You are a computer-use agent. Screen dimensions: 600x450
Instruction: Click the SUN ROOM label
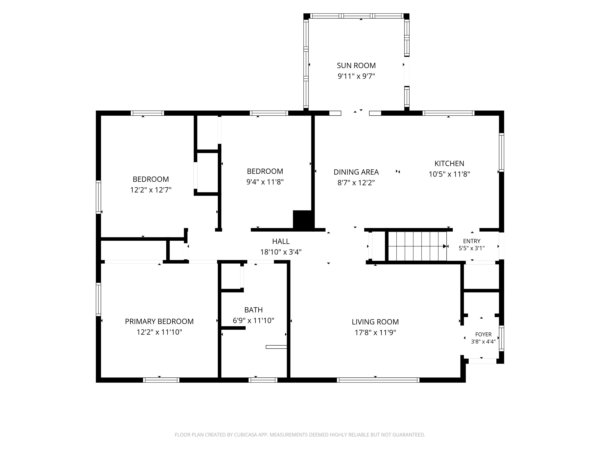tap(356, 66)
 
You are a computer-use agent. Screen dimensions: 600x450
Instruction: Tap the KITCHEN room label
tap(449, 164)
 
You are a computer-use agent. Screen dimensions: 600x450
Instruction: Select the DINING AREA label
tap(356, 172)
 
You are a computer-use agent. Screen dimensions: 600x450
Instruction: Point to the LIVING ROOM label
tap(375, 322)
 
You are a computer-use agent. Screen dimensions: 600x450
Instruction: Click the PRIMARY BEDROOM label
tap(159, 321)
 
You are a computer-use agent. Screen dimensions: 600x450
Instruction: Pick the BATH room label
tap(253, 310)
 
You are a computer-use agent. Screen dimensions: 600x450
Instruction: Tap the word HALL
tap(281, 241)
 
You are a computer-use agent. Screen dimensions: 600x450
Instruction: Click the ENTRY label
tap(472, 241)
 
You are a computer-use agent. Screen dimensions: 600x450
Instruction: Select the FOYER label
tap(483, 334)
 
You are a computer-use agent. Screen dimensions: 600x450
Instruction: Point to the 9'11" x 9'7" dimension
tap(356, 76)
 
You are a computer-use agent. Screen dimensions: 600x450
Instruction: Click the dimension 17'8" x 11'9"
tap(375, 333)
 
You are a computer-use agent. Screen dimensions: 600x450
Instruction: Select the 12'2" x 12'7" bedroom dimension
tap(151, 190)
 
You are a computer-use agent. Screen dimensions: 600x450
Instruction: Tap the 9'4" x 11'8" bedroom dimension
tap(265, 182)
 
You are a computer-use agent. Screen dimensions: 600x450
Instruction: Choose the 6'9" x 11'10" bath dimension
tap(253, 321)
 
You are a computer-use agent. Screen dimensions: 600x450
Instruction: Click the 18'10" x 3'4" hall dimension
tap(281, 252)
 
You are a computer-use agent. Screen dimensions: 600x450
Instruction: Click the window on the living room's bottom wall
tap(378, 380)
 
